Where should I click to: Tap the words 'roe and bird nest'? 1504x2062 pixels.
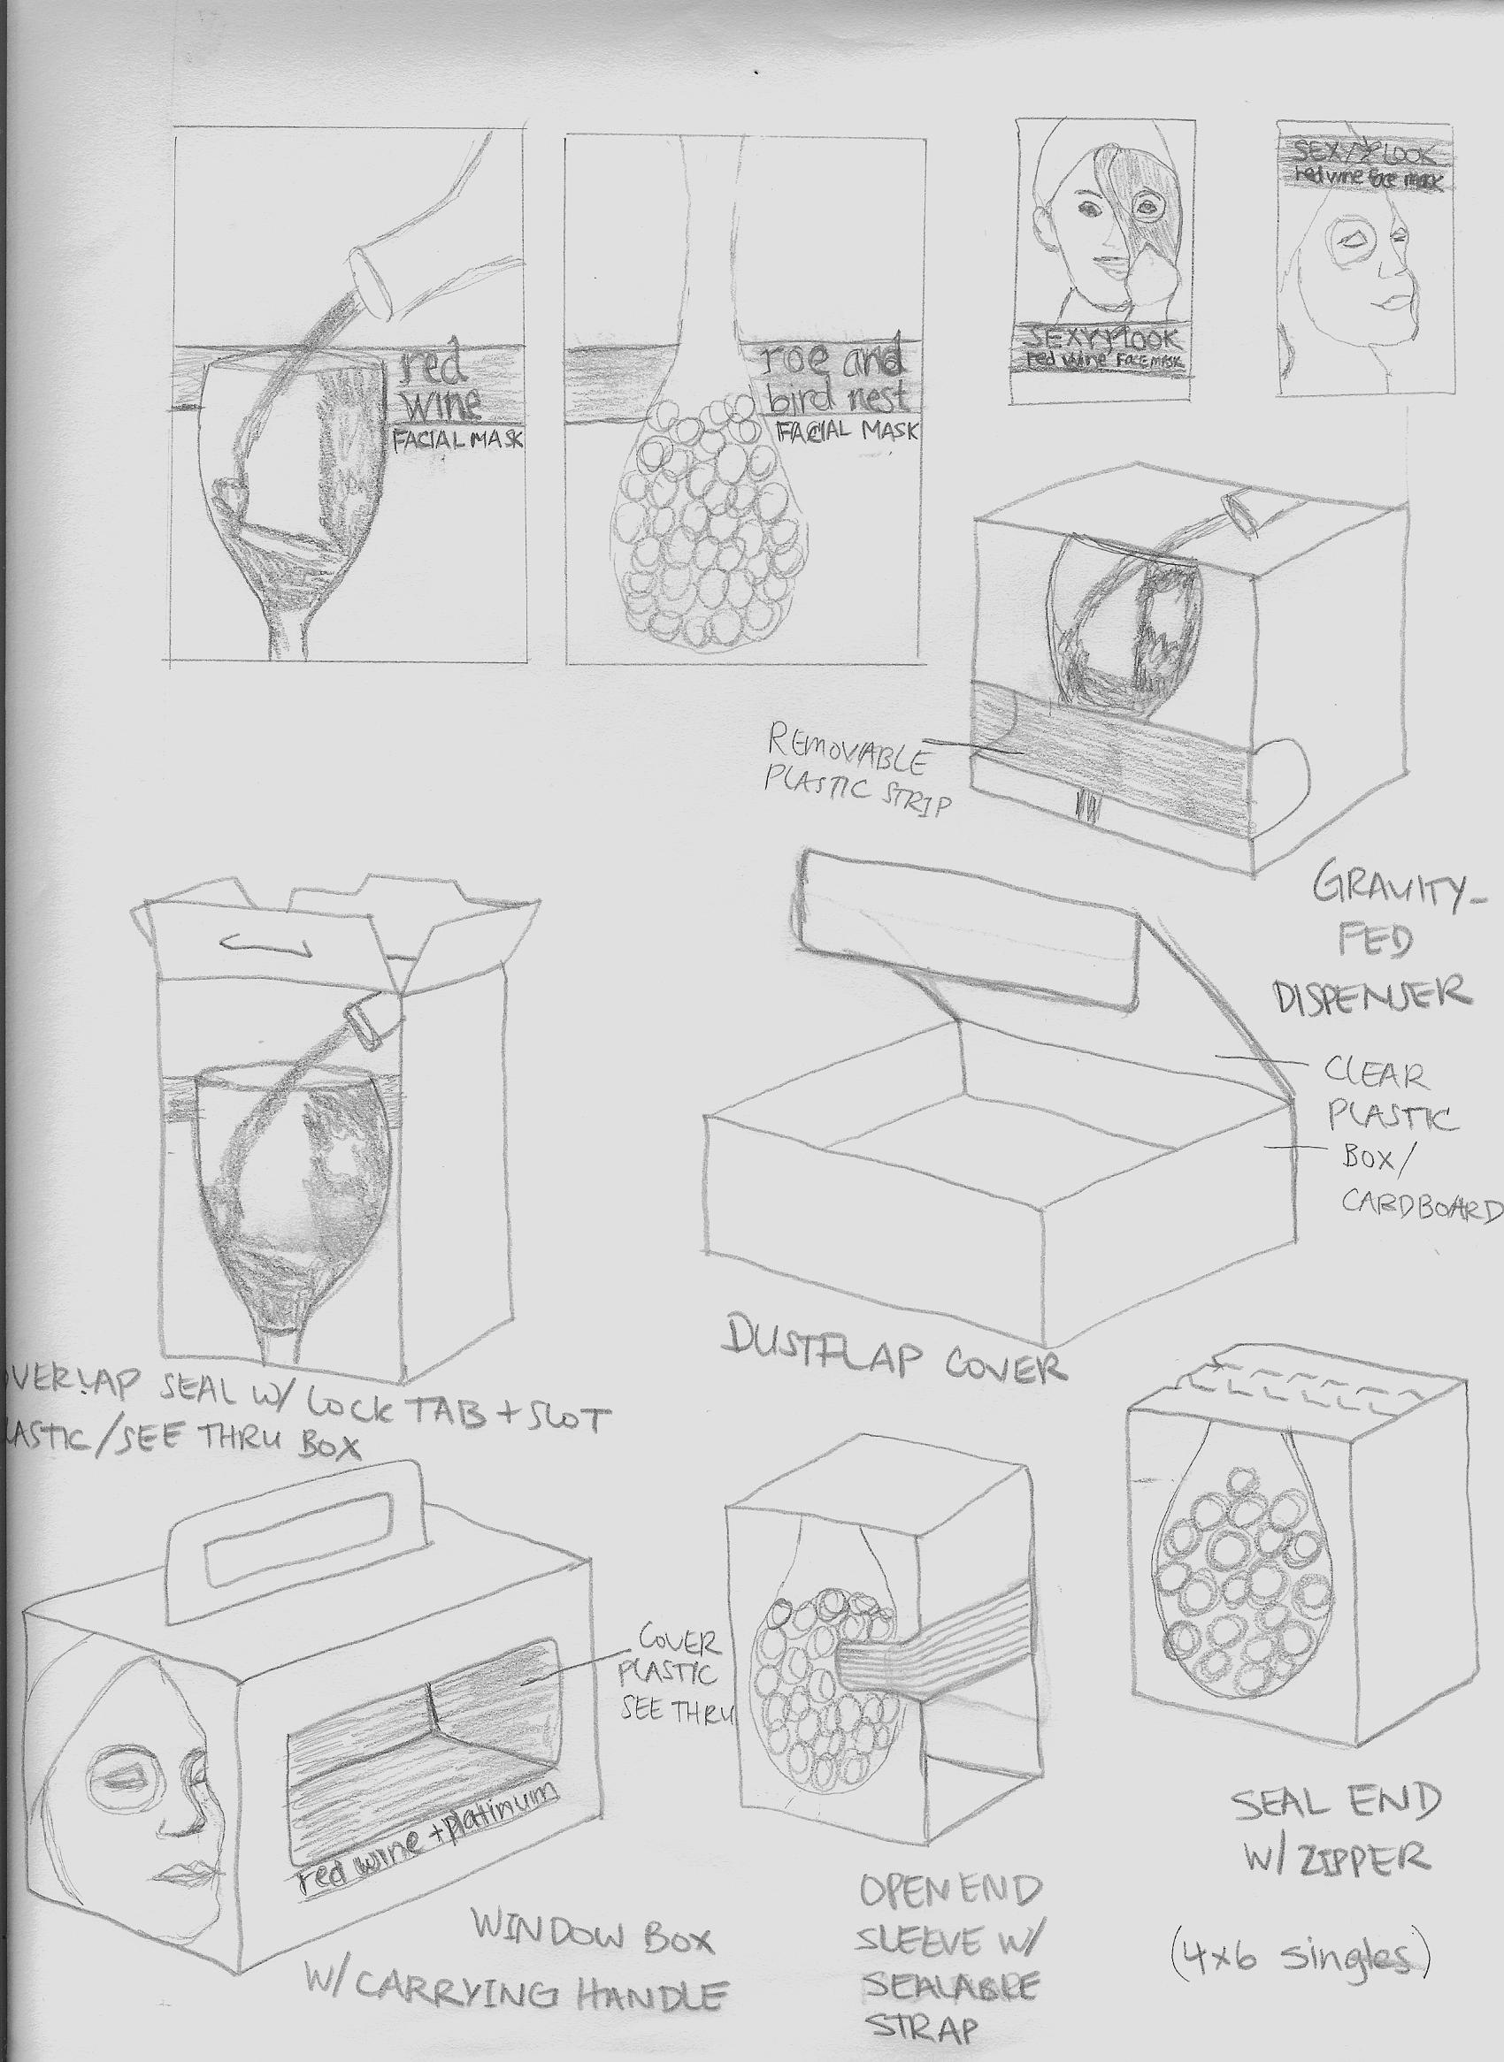pos(833,379)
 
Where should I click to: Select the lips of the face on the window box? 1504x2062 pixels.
pos(187,1866)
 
